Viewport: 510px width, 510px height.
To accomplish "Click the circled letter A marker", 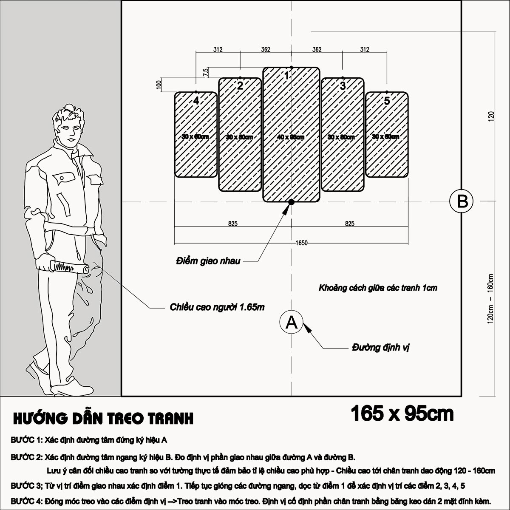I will pyautogui.click(x=292, y=323).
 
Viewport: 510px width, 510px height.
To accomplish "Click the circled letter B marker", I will pyautogui.click(x=462, y=201).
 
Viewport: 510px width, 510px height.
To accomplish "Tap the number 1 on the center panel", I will pyautogui.click(x=287, y=76).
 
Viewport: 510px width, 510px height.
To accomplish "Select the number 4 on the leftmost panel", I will pyautogui.click(x=196, y=101).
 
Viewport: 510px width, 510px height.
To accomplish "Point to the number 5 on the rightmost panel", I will pyautogui.click(x=387, y=101).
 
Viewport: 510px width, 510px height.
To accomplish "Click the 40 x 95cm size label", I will pyautogui.click(x=291, y=137).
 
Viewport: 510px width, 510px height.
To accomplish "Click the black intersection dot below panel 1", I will pyautogui.click(x=291, y=202).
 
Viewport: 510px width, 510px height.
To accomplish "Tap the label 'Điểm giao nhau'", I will pyautogui.click(x=208, y=261).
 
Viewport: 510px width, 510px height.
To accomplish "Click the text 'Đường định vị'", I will pyautogui.click(x=380, y=348).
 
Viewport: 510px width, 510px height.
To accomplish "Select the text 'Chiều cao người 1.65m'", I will pyautogui.click(x=217, y=307).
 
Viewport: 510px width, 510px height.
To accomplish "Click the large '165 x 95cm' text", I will pyautogui.click(x=402, y=414).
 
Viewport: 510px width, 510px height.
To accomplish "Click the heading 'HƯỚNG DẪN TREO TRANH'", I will pyautogui.click(x=103, y=418).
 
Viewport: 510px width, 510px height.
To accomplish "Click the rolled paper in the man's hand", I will pyautogui.click(x=68, y=267).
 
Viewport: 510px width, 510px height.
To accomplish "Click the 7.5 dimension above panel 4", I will pyautogui.click(x=206, y=72).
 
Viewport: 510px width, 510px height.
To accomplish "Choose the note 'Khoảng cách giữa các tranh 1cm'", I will pyautogui.click(x=378, y=288).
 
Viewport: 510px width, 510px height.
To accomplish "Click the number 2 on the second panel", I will pyautogui.click(x=240, y=86).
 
